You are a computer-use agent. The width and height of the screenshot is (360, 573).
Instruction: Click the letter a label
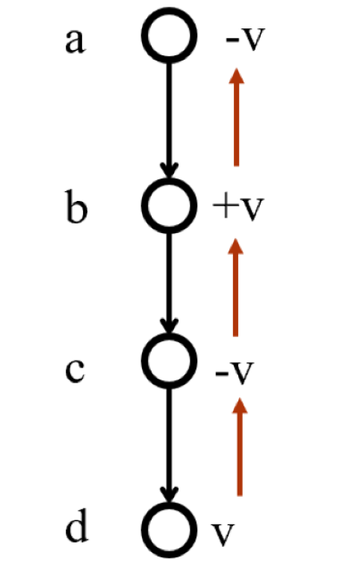pyautogui.click(x=75, y=41)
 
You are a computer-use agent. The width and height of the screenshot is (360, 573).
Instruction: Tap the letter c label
pyautogui.click(x=75, y=371)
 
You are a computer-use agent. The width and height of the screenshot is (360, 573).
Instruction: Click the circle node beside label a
pyautogui.click(x=170, y=9)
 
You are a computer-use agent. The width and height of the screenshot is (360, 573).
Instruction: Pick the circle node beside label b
pyautogui.click(x=170, y=179)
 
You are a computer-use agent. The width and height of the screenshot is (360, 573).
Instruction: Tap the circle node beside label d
pyautogui.click(x=170, y=504)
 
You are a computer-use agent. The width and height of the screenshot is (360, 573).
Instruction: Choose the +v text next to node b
pyautogui.click(x=238, y=208)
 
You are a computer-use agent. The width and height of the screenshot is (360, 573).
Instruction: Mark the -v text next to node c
pyautogui.click(x=235, y=373)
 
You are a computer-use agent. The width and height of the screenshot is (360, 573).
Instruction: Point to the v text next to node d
pyautogui.click(x=223, y=534)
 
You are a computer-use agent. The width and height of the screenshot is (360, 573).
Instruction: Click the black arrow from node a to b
pyautogui.click(x=169, y=120)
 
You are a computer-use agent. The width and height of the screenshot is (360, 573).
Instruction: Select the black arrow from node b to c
pyautogui.click(x=169, y=284)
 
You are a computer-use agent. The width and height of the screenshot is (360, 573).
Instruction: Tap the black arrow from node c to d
pyautogui.click(x=169, y=446)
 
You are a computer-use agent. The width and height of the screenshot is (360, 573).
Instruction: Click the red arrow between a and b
pyautogui.click(x=237, y=117)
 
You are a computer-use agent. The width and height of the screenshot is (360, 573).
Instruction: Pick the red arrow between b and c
pyautogui.click(x=236, y=287)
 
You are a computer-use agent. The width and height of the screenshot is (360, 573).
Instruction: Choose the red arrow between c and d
pyautogui.click(x=240, y=447)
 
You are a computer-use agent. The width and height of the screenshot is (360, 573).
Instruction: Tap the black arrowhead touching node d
pyautogui.click(x=169, y=495)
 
